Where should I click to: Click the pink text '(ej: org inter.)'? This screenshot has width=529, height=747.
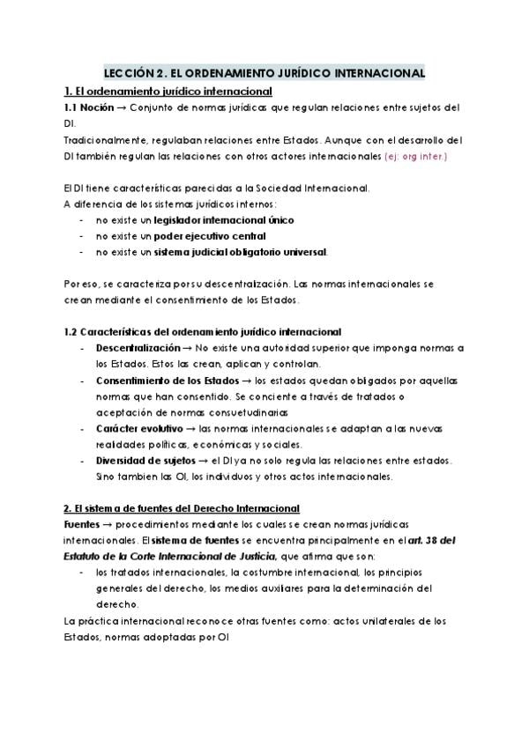(416, 156)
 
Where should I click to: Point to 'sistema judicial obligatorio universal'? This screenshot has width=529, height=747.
(240, 252)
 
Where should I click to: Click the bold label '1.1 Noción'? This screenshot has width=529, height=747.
(87, 107)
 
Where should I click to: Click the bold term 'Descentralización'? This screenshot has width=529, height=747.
(138, 348)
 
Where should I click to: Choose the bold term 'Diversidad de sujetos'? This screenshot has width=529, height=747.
(145, 461)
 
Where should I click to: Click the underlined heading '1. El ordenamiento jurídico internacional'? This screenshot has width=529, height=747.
(167, 92)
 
